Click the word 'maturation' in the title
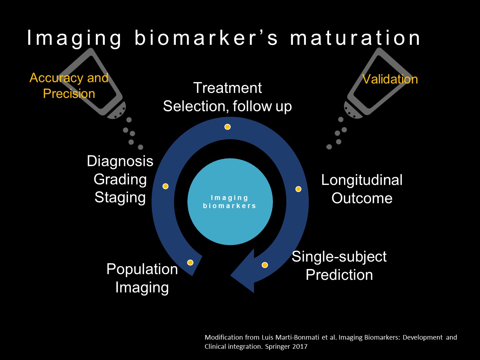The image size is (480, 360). click(x=355, y=38)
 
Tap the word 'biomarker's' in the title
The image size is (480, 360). click(x=206, y=38)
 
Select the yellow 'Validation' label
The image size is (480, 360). click(x=390, y=79)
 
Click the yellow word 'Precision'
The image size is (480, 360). click(x=69, y=94)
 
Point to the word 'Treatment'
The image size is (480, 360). click(x=228, y=88)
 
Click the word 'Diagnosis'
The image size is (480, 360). click(x=120, y=161)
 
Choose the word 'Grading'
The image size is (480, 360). click(x=120, y=180)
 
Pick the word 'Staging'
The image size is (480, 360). click(x=120, y=197)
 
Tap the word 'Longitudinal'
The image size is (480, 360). click(x=361, y=180)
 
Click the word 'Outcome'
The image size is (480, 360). click(x=361, y=198)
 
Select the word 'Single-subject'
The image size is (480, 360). click(x=339, y=257)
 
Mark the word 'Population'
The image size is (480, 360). click(x=142, y=269)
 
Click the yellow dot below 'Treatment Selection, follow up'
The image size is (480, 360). click(x=228, y=127)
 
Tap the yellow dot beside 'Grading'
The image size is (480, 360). click(x=165, y=186)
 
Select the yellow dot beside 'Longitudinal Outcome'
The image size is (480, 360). click(x=298, y=189)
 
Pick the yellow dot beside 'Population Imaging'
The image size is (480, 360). click(x=190, y=262)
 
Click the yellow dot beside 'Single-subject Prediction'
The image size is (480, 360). click(x=265, y=265)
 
